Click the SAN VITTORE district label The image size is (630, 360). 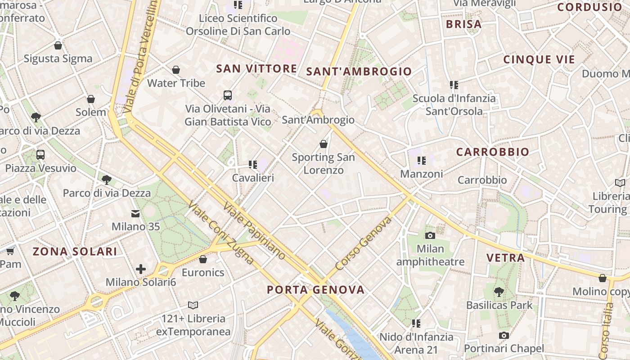click(256, 68)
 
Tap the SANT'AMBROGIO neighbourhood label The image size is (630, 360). click(359, 71)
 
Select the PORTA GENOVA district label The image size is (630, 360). click(315, 289)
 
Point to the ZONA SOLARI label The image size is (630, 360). click(75, 252)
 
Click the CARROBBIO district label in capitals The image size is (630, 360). click(492, 152)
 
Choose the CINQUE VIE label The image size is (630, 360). click(539, 59)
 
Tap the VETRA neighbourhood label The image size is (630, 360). click(505, 258)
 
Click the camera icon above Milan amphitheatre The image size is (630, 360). click(430, 235)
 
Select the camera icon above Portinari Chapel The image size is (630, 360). click(504, 335)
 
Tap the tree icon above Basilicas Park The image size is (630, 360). click(499, 292)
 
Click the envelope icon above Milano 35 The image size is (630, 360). click(135, 214)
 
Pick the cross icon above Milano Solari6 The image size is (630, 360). click(141, 270)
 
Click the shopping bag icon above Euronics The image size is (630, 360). click(203, 259)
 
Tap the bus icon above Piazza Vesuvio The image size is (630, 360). click(40, 155)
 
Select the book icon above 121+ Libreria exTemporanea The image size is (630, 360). click(193, 305)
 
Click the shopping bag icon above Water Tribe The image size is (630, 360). click(176, 70)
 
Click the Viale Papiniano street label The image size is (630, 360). click(254, 231)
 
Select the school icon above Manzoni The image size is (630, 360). click(421, 160)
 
